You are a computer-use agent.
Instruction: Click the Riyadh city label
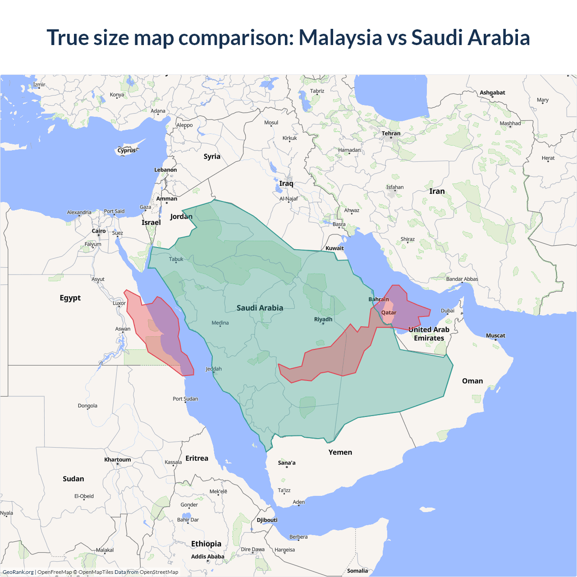(323, 319)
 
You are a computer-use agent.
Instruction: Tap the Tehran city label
(391, 133)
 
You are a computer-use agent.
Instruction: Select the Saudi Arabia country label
(260, 308)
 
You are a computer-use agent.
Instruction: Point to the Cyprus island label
(127, 151)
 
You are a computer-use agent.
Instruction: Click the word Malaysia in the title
(340, 37)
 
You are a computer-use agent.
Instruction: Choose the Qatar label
(389, 312)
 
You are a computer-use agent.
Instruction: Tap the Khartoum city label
(118, 460)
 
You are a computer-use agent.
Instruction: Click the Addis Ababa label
(207, 557)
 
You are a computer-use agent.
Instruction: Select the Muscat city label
(495, 335)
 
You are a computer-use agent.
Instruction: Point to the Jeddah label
(214, 369)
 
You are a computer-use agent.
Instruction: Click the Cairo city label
(99, 231)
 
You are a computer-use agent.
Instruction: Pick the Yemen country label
(340, 452)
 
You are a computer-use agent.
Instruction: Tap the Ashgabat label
(492, 92)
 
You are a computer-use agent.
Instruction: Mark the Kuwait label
(334, 248)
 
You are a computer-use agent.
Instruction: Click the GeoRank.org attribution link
(18, 572)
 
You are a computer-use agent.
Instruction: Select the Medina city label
(220, 323)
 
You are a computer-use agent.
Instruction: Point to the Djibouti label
(267, 520)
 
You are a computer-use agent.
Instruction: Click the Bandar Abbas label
(462, 279)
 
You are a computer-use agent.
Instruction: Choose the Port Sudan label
(185, 398)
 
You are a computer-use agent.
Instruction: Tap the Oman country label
(472, 381)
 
